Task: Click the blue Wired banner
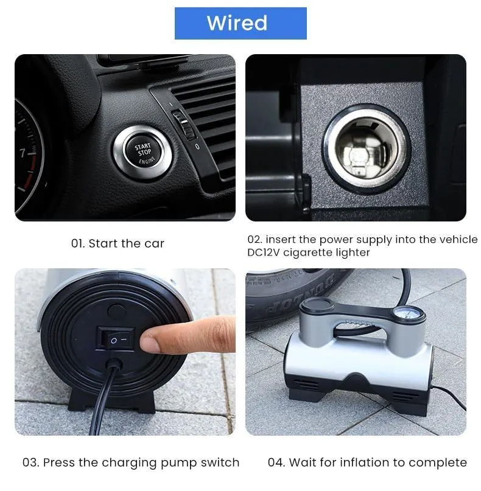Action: (240, 24)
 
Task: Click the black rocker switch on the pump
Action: (115, 339)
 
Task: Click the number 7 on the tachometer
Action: (23, 153)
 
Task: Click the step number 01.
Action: (78, 243)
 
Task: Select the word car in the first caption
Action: (154, 244)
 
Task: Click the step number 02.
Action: (255, 240)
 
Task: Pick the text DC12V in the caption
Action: (263, 252)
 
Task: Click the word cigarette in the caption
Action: (306, 252)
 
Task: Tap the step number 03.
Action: (30, 462)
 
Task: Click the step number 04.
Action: (276, 462)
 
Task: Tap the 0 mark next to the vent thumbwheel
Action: (197, 147)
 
